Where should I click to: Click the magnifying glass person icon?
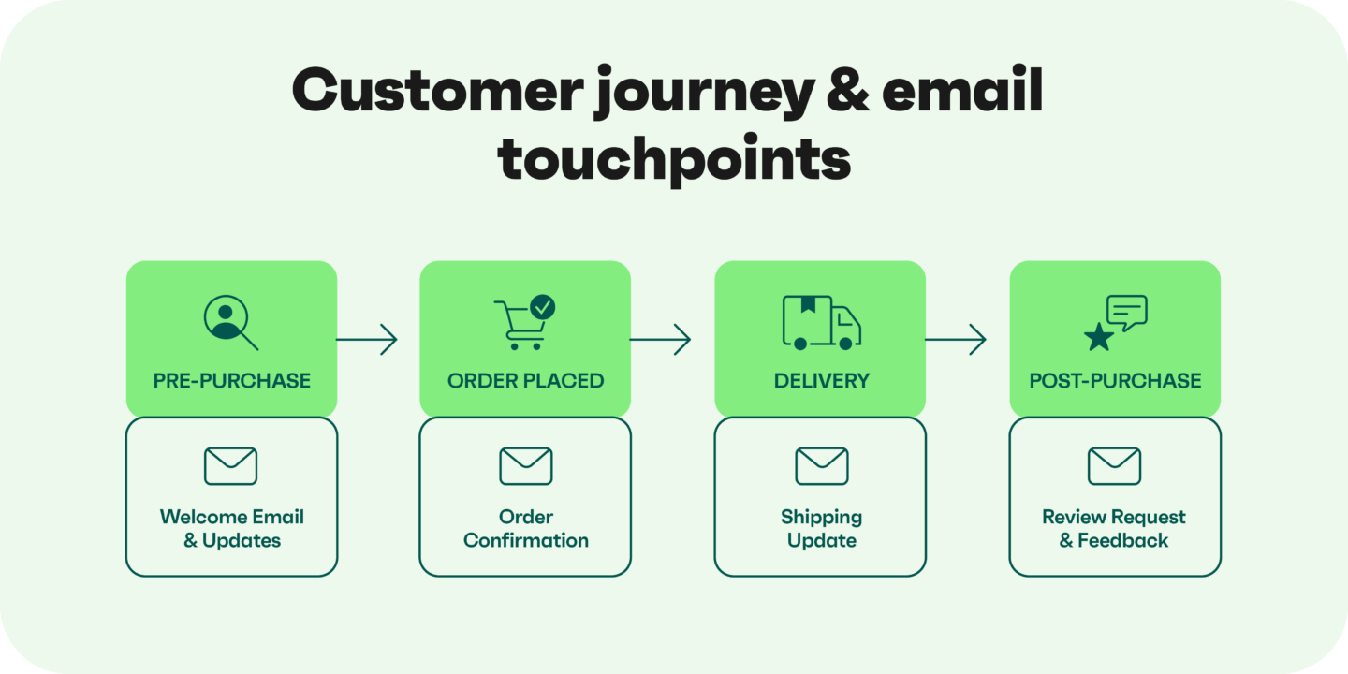(x=228, y=321)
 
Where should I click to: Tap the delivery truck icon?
(x=821, y=323)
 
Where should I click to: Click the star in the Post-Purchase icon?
(x=1098, y=337)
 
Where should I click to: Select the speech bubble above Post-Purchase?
(x=1126, y=313)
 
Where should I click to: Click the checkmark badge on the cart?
(x=542, y=306)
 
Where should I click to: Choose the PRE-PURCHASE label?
(x=231, y=380)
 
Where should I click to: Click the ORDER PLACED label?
(x=525, y=380)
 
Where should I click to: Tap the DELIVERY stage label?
(x=821, y=380)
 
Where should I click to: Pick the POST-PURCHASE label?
(x=1115, y=380)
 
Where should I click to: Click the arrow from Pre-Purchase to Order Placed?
(x=367, y=339)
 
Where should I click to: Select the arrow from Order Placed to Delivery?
(x=661, y=339)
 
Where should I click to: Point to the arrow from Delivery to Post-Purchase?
(x=956, y=339)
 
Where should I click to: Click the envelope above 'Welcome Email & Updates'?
(x=231, y=465)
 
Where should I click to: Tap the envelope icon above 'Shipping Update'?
(x=821, y=465)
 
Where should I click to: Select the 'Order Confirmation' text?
(x=525, y=528)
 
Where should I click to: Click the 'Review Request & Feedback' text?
(x=1114, y=528)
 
